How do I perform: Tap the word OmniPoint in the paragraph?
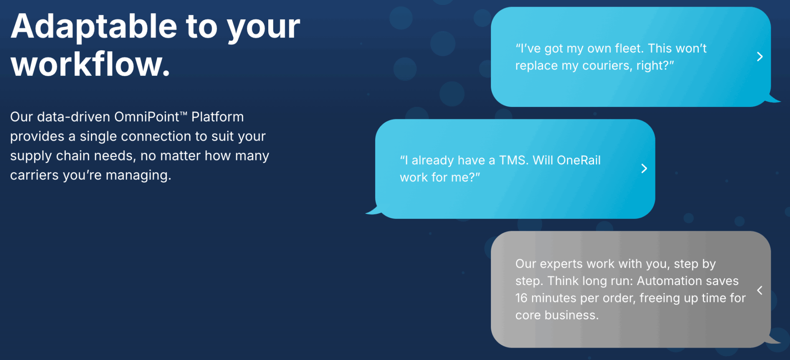click(146, 117)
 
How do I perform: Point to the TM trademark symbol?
click(184, 114)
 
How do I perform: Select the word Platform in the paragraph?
click(217, 117)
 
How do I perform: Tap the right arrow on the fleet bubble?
click(760, 57)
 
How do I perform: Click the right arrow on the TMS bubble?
click(644, 168)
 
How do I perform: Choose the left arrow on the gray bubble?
click(760, 290)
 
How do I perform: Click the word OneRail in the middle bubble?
click(578, 160)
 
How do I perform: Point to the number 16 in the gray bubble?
click(521, 298)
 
